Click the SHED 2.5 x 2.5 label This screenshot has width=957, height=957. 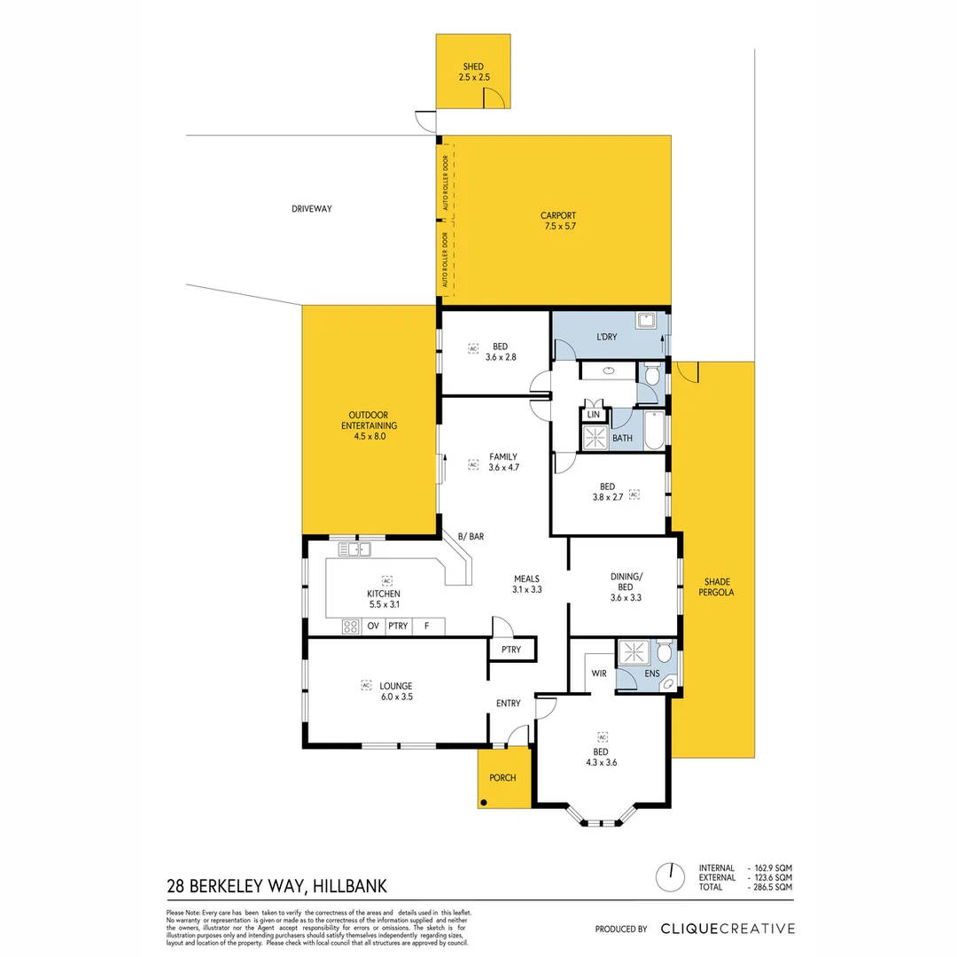[473, 73]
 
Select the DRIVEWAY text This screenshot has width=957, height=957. [311, 209]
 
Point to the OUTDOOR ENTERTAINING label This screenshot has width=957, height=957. [368, 425]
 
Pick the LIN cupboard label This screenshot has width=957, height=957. [593, 415]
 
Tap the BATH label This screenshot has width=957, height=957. [622, 438]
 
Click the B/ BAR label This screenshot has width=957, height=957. [471, 537]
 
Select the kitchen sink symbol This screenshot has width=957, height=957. [354, 550]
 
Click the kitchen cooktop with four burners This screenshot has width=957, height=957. [350, 626]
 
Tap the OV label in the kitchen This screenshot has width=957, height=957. [373, 626]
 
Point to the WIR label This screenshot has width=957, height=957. [598, 673]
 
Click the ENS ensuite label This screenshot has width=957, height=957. [651, 674]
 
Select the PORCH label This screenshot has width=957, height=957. [502, 778]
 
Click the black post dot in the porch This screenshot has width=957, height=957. [484, 803]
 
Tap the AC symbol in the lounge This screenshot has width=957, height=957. [365, 685]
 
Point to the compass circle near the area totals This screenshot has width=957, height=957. [671, 877]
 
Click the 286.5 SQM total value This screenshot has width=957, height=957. [774, 887]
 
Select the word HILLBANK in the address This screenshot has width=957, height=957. [349, 886]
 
